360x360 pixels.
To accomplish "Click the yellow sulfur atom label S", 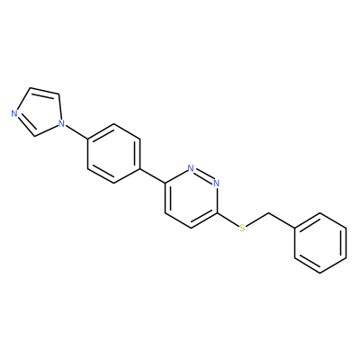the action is tap(242, 229).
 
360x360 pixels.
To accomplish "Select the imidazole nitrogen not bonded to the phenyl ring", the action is tap(13, 113).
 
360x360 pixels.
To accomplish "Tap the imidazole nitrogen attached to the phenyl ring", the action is tap(61, 122).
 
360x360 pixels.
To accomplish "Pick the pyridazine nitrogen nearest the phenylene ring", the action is tap(191, 168).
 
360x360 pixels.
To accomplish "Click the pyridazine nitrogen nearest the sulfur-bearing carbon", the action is tap(217, 183).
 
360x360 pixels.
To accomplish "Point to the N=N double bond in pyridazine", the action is tap(203, 175).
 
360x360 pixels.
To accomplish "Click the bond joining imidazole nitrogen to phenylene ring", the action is tap(76, 131).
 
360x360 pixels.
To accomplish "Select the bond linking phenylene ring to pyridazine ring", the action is tap(152, 175).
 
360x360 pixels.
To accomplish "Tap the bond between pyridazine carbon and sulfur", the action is tap(228, 220).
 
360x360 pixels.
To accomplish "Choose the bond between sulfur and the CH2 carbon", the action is tap(257, 220).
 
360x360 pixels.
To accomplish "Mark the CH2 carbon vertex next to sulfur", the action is tap(268, 213).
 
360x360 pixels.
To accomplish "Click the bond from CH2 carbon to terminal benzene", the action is tap(282, 220).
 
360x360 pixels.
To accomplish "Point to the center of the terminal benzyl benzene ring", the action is tap(320, 243).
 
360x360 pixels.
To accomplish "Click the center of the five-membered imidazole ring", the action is tap(38, 112).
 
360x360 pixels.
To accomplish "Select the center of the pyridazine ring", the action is tap(191, 198).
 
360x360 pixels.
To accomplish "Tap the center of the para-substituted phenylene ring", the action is tap(113, 153).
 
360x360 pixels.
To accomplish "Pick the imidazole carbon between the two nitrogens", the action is tap(35, 136).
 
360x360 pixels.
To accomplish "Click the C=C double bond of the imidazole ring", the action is tap(44, 91).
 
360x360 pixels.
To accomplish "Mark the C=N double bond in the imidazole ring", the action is tap(25, 126).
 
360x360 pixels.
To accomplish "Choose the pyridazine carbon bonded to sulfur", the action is tap(217, 213).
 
